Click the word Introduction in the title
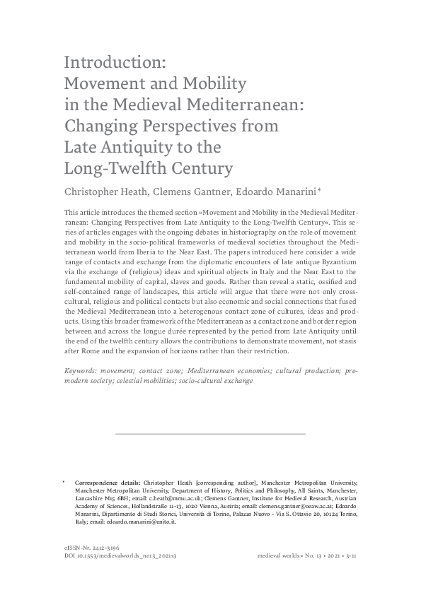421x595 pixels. (x=113, y=62)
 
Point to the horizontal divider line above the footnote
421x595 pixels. (x=210, y=433)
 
